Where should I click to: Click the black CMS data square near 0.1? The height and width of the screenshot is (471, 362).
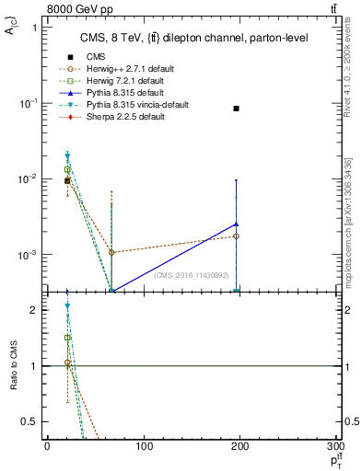(x=237, y=109)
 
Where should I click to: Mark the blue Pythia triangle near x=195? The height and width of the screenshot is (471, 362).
(x=237, y=224)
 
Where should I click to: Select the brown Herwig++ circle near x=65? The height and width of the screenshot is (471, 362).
(x=111, y=252)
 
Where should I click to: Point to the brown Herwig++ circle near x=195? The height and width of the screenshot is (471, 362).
(x=237, y=236)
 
